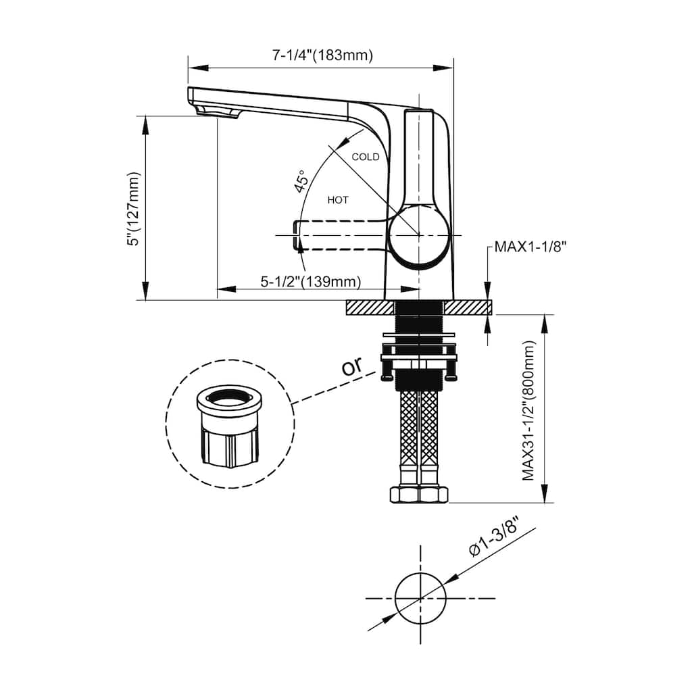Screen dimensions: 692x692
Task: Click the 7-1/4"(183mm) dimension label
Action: coord(322,55)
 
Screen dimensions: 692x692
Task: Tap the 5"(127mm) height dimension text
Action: coord(133,208)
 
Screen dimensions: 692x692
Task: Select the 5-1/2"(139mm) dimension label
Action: coord(311,281)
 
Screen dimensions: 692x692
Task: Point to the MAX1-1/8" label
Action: coord(530,246)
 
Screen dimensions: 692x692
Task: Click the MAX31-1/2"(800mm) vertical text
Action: coord(528,410)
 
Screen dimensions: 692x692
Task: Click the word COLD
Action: coord(366,157)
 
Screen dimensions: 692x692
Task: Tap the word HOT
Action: coord(338,200)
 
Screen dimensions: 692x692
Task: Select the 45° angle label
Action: coord(301,181)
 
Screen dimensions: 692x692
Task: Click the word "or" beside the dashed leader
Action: coord(352,366)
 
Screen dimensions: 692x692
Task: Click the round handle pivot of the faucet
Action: coord(419,234)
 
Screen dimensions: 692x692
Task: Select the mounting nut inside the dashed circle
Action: coord(230,426)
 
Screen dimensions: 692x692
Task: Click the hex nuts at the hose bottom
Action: coord(419,494)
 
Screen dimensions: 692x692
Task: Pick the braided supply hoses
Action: coord(419,430)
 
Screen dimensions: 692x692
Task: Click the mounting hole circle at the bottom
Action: coord(420,599)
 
